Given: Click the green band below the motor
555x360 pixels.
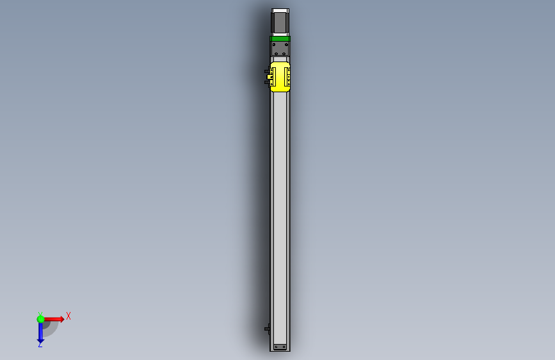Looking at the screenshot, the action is click(280, 38).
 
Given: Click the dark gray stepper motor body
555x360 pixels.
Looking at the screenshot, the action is click(280, 22).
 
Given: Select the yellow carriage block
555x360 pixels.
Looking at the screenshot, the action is click(280, 77).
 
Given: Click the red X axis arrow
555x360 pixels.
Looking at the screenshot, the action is click(54, 319).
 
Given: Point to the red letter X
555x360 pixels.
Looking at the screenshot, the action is click(68, 316).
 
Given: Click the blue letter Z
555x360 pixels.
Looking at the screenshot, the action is click(40, 344).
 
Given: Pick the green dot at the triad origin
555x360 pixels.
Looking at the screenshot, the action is click(40, 319).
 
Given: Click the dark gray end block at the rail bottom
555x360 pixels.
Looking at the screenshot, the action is click(280, 347).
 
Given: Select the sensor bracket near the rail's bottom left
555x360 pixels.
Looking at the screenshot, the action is click(267, 329).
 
